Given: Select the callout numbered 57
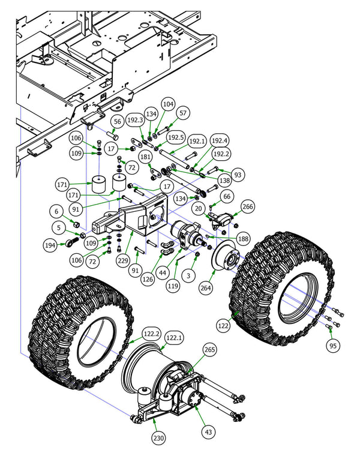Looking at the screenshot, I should pyautogui.click(x=184, y=112).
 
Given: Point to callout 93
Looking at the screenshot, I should pyautogui.click(x=238, y=175).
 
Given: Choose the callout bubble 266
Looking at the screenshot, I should pyautogui.click(x=248, y=207).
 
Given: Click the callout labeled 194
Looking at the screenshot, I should pyautogui.click(x=50, y=245).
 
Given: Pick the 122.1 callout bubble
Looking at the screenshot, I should pyautogui.click(x=173, y=338).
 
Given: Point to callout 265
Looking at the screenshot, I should pyautogui.click(x=209, y=349).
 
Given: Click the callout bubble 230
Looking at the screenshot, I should pyautogui.click(x=158, y=439).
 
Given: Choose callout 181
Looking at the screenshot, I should pyautogui.click(x=146, y=157).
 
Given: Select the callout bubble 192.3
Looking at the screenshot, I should pyautogui.click(x=135, y=120).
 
